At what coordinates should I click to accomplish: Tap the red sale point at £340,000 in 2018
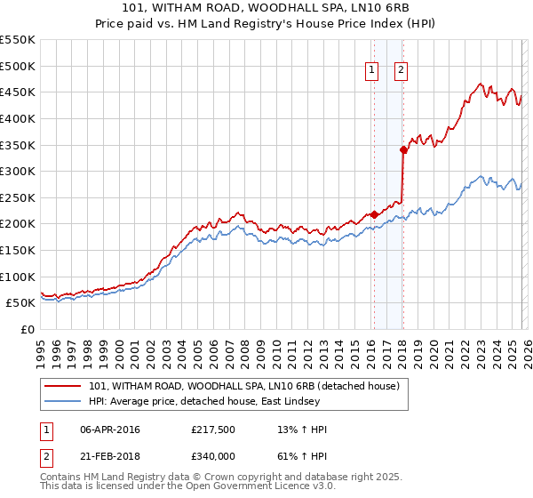point(403,150)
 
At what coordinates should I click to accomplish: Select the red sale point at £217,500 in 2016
point(374,214)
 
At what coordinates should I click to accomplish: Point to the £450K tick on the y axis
point(18,92)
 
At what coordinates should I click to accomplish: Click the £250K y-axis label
point(18,197)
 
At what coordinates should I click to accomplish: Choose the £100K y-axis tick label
point(18,277)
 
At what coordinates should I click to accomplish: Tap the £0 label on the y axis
point(28,329)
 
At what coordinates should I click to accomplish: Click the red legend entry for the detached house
point(244,386)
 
